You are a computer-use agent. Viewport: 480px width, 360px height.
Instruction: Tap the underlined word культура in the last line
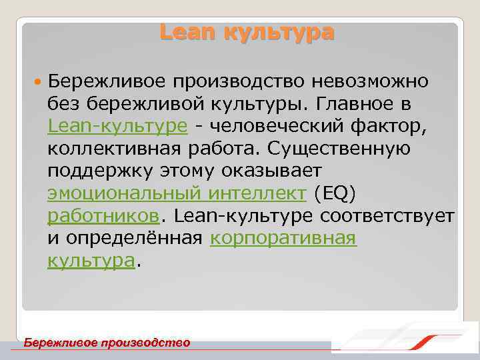pos(91,261)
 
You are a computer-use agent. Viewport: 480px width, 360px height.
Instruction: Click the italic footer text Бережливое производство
pos(107,343)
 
